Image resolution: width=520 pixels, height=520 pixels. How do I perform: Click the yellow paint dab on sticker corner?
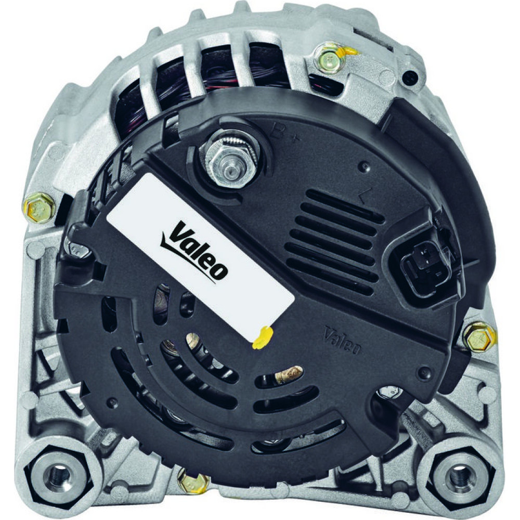coord(262,337)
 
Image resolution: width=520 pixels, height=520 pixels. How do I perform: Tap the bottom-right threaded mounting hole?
coord(459,476)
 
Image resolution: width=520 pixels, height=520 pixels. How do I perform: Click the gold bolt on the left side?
coord(39,209)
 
